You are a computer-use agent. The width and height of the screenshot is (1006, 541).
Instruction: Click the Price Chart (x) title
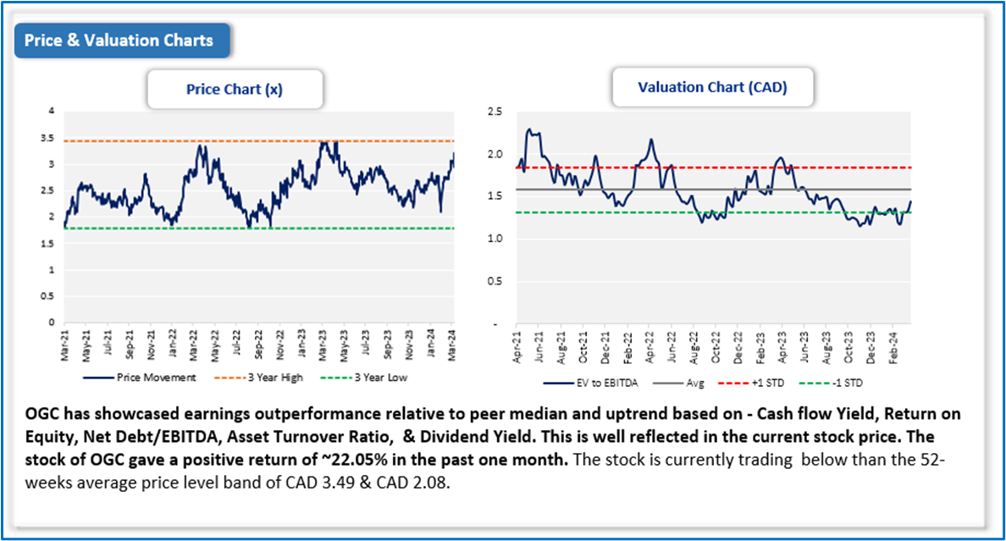click(235, 89)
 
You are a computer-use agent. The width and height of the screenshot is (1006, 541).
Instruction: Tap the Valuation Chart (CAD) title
click(712, 87)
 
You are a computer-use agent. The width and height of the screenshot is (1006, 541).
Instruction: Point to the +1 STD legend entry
click(762, 383)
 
